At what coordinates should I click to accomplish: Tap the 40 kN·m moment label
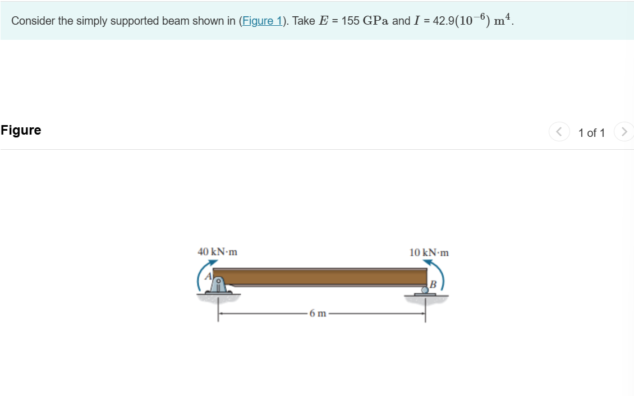click(x=217, y=252)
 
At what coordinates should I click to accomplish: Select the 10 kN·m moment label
click(x=429, y=252)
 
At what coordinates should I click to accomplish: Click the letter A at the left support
click(x=208, y=275)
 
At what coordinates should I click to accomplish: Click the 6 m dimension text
click(x=318, y=314)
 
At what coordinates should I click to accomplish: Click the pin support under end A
click(x=218, y=286)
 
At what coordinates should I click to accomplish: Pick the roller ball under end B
click(x=425, y=289)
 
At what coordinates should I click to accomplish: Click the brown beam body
click(x=320, y=277)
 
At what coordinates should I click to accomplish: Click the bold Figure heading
click(x=21, y=130)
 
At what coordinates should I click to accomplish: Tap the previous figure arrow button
click(x=558, y=132)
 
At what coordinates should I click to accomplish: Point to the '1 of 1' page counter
click(x=591, y=133)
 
